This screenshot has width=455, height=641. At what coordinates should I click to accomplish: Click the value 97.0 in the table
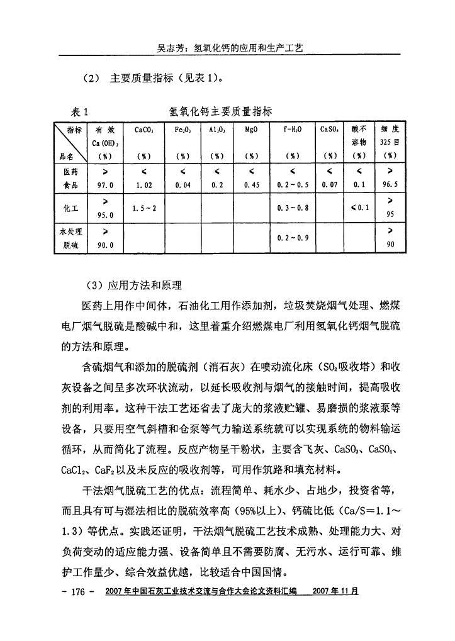coord(104,186)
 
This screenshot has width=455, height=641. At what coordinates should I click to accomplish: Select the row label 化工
coord(70,206)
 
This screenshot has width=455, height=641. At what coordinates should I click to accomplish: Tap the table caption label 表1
coord(79,111)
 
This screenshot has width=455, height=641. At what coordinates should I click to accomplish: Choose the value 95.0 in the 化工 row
coord(104,215)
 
